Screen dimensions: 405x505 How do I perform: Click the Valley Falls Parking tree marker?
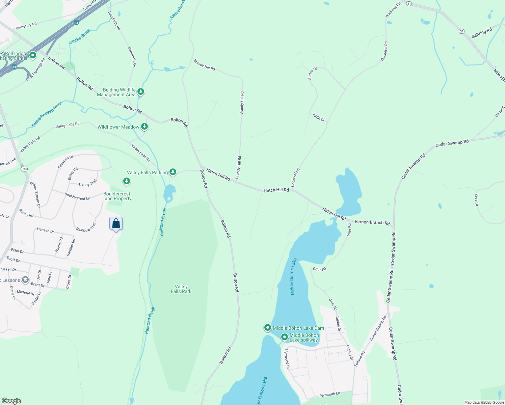tap(173, 172)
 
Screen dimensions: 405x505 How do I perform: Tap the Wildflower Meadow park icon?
tap(144, 126)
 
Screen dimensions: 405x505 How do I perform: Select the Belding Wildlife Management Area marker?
tap(141, 91)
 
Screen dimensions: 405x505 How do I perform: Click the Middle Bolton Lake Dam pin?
tap(267, 327)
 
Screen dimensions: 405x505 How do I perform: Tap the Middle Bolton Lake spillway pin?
tap(284, 337)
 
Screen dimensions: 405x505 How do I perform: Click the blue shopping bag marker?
tap(116, 224)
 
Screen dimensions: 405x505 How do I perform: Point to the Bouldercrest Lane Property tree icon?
tap(127, 181)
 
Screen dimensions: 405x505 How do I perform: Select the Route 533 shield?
tap(24, 169)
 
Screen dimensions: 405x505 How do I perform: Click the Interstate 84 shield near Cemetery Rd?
tap(76, 23)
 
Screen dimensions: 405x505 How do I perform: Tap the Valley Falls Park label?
tap(181, 289)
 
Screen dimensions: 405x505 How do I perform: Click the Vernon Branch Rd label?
tap(372, 223)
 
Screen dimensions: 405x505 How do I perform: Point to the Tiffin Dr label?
tap(318, 117)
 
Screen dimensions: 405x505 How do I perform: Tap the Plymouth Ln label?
tap(329, 394)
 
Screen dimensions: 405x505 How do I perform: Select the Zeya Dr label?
tap(477, 200)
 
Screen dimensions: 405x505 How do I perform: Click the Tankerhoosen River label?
tap(47, 114)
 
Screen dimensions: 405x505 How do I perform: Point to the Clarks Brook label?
tap(80, 36)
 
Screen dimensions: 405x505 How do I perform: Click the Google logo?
tap(11, 401)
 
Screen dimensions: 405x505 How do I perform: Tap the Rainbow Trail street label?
tap(86, 227)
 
